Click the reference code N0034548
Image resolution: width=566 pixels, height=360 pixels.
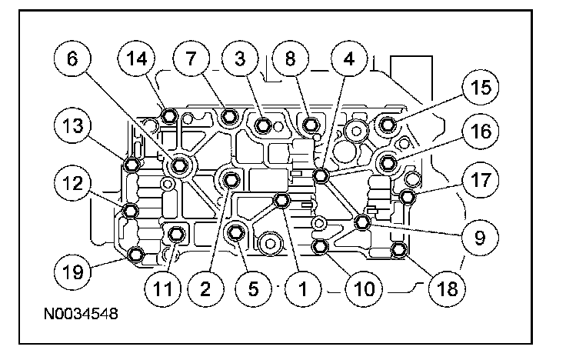click(81, 315)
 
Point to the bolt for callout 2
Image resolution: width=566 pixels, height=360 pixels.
click(231, 180)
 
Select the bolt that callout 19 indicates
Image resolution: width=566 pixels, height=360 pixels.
click(136, 255)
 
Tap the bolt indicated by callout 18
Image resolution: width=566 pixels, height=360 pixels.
click(399, 249)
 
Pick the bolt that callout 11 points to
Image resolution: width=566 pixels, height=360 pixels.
click(176, 233)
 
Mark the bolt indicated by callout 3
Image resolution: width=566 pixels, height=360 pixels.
click(263, 125)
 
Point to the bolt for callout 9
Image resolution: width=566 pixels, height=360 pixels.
click(362, 223)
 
